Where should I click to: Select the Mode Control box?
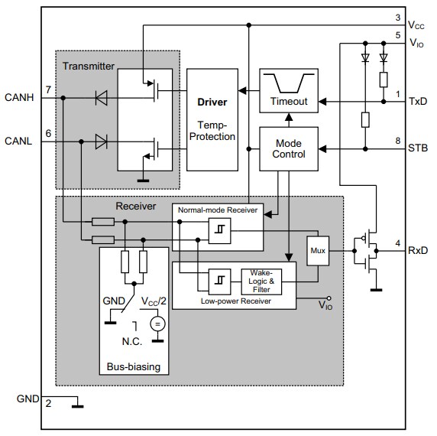pyautogui.click(x=289, y=148)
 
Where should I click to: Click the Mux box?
pyautogui.click(x=317, y=250)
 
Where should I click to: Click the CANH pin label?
pyautogui.click(x=20, y=97)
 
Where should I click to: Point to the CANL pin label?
pyautogui.click(x=20, y=141)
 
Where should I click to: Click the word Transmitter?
pyautogui.click(x=89, y=65)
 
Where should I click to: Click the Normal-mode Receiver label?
pyautogui.click(x=218, y=210)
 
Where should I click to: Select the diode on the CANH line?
pyautogui.click(x=99, y=97)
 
